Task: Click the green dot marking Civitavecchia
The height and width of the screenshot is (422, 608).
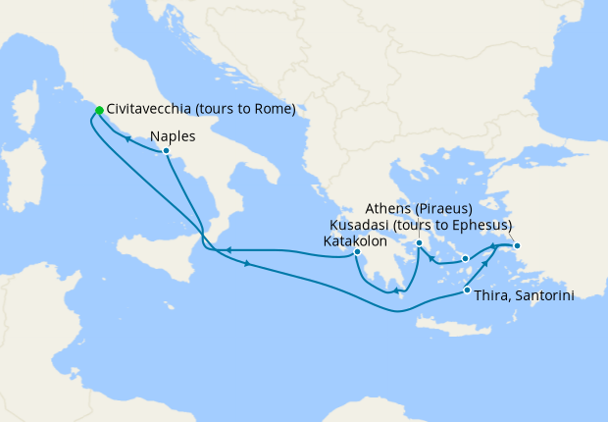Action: [x=99, y=110]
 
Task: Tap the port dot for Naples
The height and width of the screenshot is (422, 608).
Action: [x=168, y=151]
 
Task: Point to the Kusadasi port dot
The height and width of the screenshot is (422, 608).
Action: [x=517, y=245]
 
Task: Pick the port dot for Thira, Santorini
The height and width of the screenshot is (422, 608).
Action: [x=466, y=290]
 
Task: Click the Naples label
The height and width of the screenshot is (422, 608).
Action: [x=173, y=136]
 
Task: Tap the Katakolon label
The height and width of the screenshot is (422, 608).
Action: [x=355, y=240]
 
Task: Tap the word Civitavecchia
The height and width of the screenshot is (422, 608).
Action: [x=152, y=109]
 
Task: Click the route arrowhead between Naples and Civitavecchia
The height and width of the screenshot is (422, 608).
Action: [x=127, y=139]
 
